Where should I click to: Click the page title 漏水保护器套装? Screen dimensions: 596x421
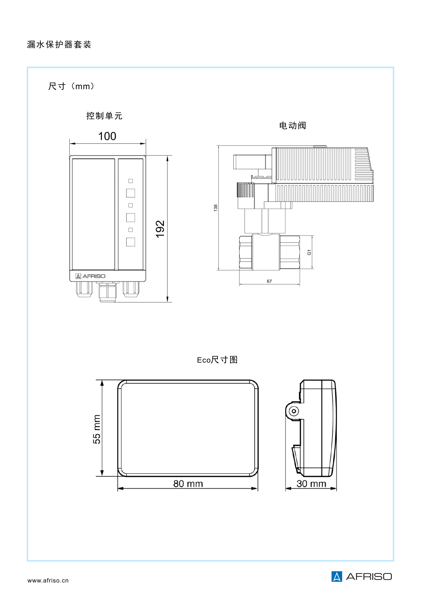pyautogui.click(x=59, y=44)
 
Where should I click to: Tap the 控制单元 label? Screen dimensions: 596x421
pyautogui.click(x=104, y=116)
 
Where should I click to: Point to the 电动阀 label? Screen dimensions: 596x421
pyautogui.click(x=292, y=126)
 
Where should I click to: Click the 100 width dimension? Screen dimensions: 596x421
pyautogui.click(x=107, y=136)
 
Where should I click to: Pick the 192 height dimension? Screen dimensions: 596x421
pyautogui.click(x=160, y=229)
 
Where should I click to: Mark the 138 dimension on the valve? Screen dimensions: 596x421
pyautogui.click(x=215, y=208)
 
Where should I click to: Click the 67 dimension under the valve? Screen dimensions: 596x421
pyautogui.click(x=269, y=281)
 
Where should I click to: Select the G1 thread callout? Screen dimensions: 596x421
pyautogui.click(x=309, y=252)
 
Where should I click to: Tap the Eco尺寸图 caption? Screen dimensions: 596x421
pyautogui.click(x=217, y=360)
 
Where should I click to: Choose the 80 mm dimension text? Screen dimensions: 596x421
pyautogui.click(x=188, y=484)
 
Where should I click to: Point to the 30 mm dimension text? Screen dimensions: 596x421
pyautogui.click(x=311, y=484)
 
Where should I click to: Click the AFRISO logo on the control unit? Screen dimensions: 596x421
pyautogui.click(x=90, y=276)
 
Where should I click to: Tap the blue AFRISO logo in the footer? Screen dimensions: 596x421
pyautogui.click(x=362, y=577)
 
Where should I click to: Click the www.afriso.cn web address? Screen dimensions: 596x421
pyautogui.click(x=48, y=580)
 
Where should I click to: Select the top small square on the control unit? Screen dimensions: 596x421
pyautogui.click(x=131, y=181)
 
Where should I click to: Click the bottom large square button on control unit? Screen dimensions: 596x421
pyautogui.click(x=131, y=242)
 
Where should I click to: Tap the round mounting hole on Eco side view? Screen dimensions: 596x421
pyautogui.click(x=294, y=411)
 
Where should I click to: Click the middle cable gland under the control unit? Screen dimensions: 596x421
pyautogui.click(x=108, y=293)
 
